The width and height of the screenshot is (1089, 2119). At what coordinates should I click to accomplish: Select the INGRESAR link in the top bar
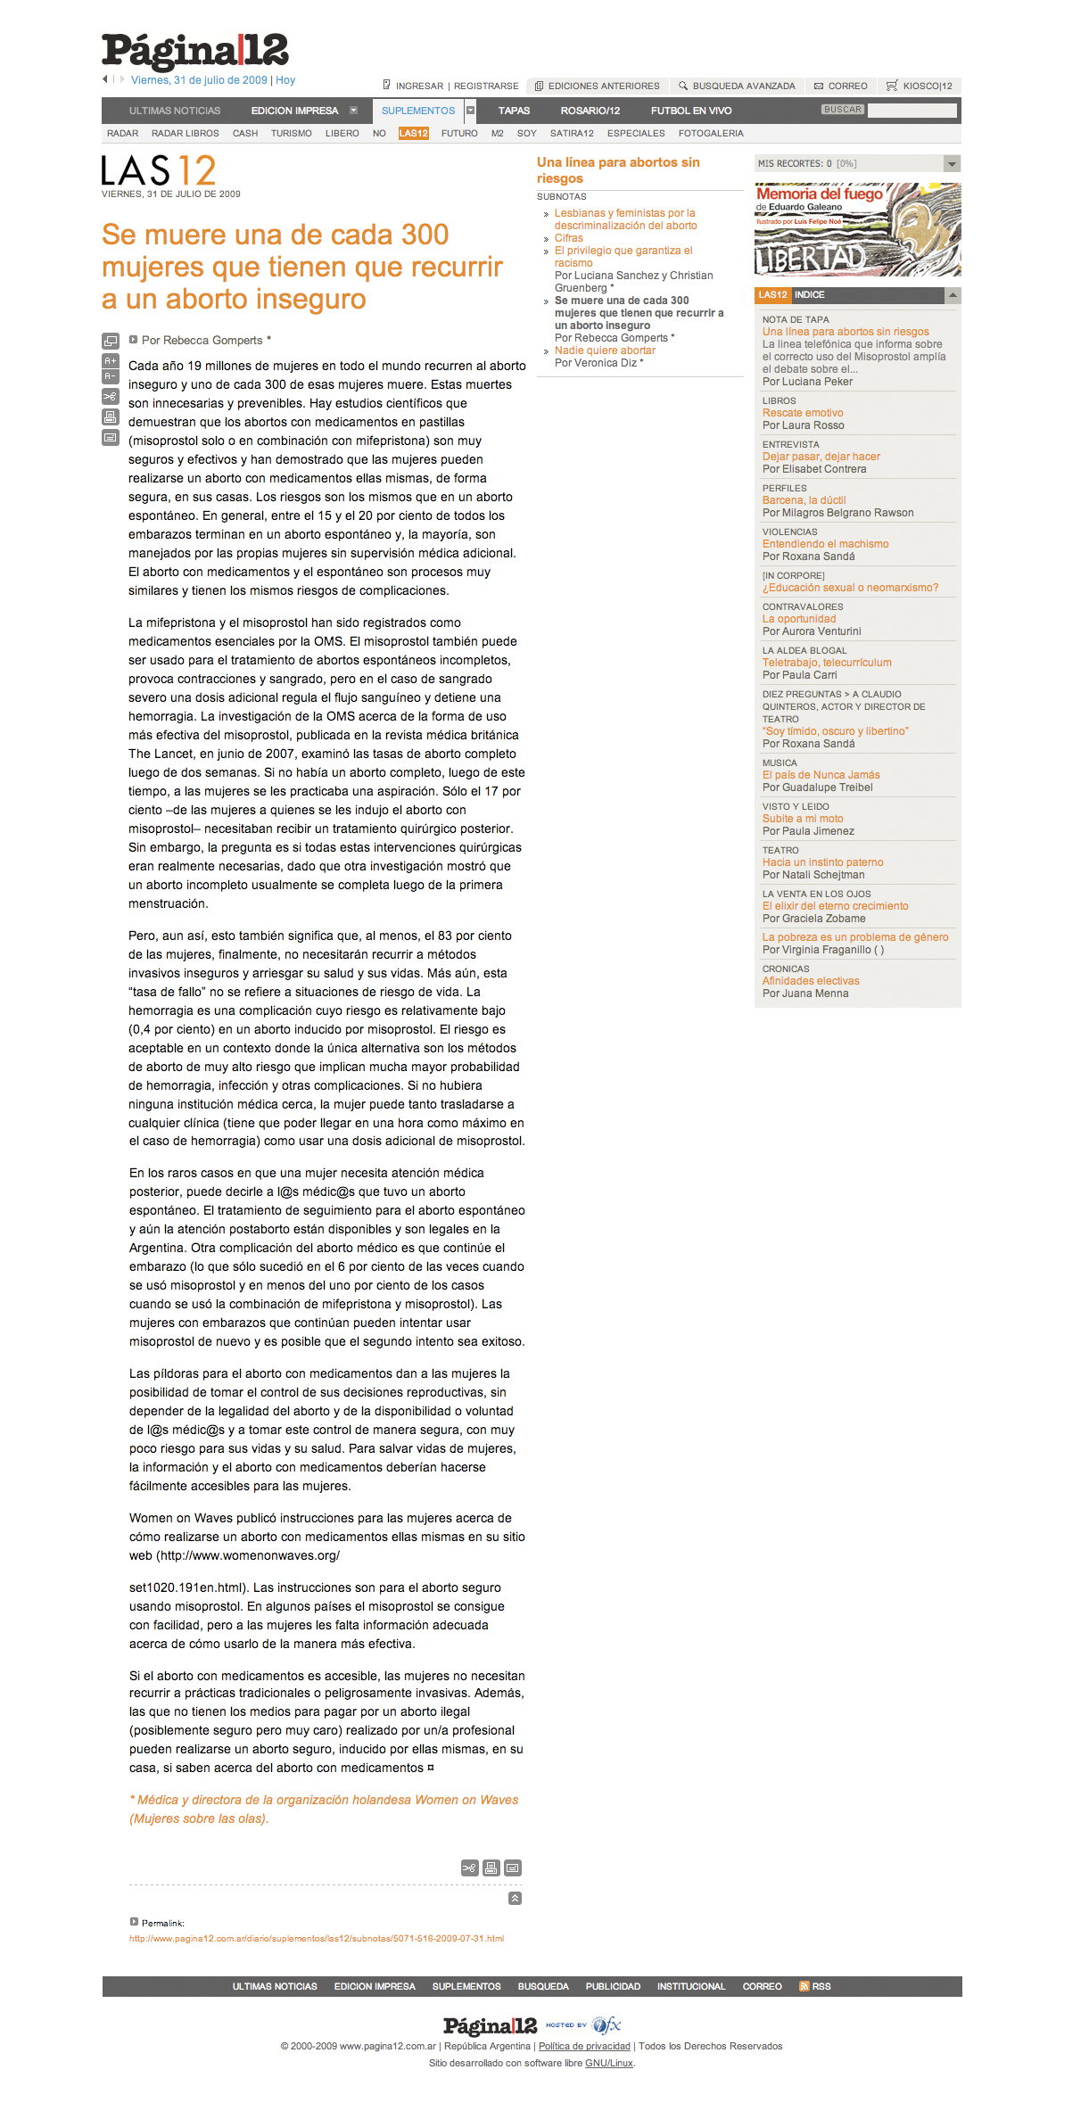coord(418,87)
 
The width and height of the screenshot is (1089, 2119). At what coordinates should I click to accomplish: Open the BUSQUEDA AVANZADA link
coord(743,87)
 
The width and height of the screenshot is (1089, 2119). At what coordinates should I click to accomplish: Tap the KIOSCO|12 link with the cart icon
coord(927,87)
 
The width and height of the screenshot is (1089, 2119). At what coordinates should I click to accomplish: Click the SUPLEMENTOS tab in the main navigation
coord(417,111)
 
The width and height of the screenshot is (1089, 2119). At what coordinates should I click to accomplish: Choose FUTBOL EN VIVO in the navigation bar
coord(690,111)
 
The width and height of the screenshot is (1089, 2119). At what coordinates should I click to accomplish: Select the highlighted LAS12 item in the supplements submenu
coord(414,134)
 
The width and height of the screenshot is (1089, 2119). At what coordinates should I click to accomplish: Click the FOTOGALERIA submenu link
coord(710,134)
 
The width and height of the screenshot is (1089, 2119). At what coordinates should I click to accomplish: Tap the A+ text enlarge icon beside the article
coord(111,360)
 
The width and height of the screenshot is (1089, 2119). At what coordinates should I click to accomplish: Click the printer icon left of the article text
coord(111,416)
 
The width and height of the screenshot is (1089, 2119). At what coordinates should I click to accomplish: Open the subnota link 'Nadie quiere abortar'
coord(605,350)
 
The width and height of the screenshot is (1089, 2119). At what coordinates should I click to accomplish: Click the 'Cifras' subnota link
coord(568,238)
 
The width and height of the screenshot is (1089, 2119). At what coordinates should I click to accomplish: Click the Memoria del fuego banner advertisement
coord(857,230)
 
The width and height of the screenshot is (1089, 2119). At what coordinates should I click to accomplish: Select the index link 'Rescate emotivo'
coord(802,413)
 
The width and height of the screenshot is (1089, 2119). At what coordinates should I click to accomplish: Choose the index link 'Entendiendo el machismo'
coord(825,544)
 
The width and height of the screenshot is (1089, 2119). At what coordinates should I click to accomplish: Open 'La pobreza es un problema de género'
coord(854,937)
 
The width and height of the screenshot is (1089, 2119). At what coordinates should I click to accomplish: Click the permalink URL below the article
coord(317,1938)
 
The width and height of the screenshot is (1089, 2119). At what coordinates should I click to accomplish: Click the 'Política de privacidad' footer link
coord(584,2046)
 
